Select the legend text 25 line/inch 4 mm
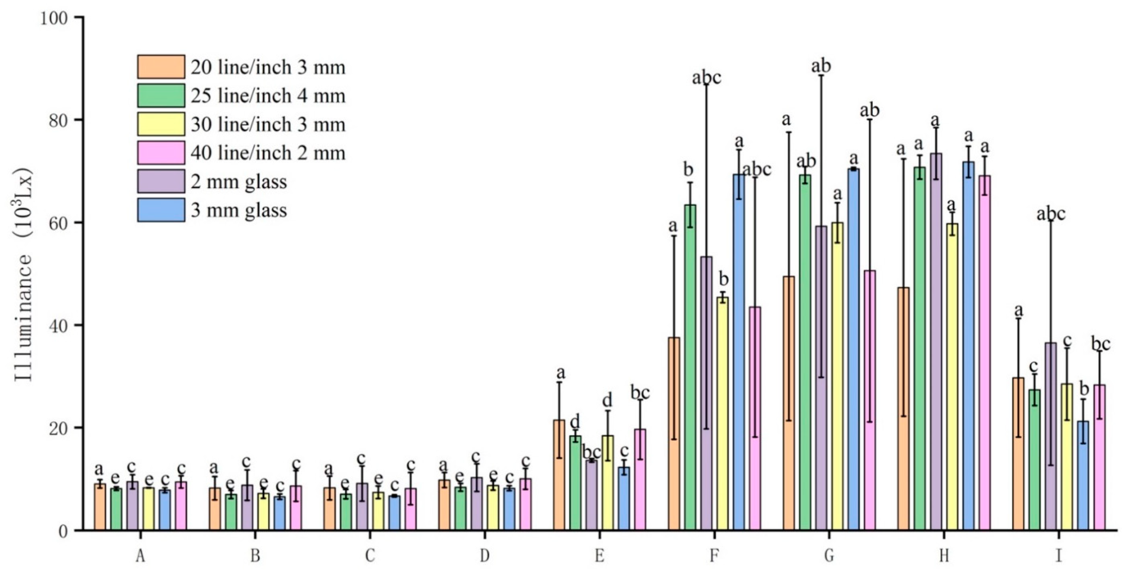click(267, 96)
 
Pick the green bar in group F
click(690, 368)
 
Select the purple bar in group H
click(936, 342)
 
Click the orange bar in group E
click(559, 475)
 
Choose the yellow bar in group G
click(837, 377)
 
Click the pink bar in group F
click(755, 418)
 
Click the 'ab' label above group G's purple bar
click(821, 66)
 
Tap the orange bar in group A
click(100, 507)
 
